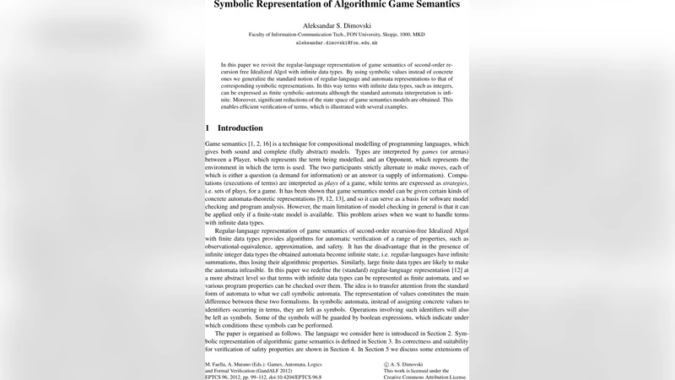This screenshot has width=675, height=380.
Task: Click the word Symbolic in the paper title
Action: (241, 5)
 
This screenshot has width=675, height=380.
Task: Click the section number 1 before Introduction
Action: (208, 128)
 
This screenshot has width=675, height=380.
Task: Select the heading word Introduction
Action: (240, 128)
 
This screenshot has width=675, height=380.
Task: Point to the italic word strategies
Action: (447, 182)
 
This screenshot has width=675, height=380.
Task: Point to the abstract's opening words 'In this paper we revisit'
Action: (255, 64)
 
